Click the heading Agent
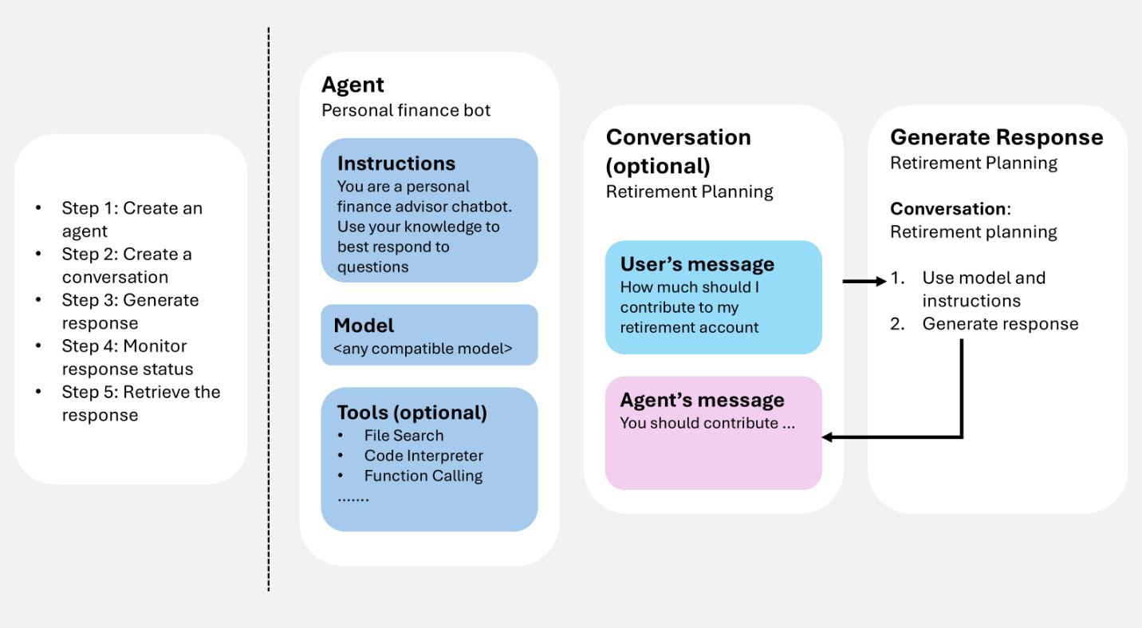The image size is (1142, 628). point(352,85)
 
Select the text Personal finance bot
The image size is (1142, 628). point(406,110)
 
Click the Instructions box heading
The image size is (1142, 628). point(396,164)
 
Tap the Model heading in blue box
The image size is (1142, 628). point(364,326)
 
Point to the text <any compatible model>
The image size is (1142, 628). point(423,349)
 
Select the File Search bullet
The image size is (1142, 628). point(404,436)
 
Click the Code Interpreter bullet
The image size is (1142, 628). point(423,456)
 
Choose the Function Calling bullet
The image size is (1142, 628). point(423,476)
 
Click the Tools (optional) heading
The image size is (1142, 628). point(412,413)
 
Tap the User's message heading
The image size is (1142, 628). point(697,264)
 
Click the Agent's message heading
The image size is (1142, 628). point(702,400)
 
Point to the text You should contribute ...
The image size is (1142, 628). point(707,423)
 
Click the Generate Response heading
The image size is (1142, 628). point(996,137)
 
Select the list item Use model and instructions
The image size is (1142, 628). point(983,289)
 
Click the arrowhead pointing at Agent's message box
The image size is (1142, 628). point(827,437)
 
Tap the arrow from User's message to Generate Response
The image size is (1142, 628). point(864,281)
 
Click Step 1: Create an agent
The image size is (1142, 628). point(132,219)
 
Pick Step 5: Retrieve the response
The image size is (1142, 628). point(140,403)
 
